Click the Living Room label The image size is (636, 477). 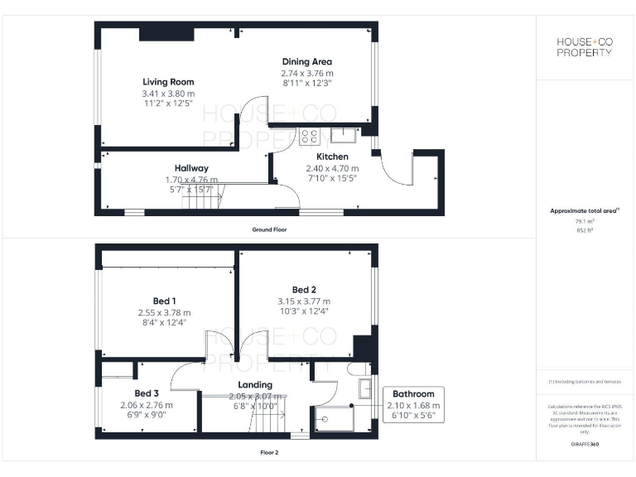[168, 82]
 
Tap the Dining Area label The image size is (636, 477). [307, 62]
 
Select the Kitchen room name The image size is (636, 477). [332, 157]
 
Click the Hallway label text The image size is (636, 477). [191, 168]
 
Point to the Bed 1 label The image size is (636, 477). [164, 301]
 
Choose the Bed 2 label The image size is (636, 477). [303, 289]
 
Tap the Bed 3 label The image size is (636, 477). [147, 393]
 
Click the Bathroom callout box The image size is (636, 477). [413, 404]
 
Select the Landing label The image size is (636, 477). [254, 385]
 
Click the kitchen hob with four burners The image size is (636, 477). [309, 136]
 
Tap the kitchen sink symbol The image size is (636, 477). [341, 134]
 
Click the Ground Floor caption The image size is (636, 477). [269, 229]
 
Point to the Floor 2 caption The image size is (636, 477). [269, 453]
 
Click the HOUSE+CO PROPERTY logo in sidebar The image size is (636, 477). [584, 47]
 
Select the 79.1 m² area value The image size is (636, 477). [585, 221]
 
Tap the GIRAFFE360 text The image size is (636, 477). [585, 445]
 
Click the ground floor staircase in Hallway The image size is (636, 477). [198, 199]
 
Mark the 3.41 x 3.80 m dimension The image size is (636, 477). [168, 94]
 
